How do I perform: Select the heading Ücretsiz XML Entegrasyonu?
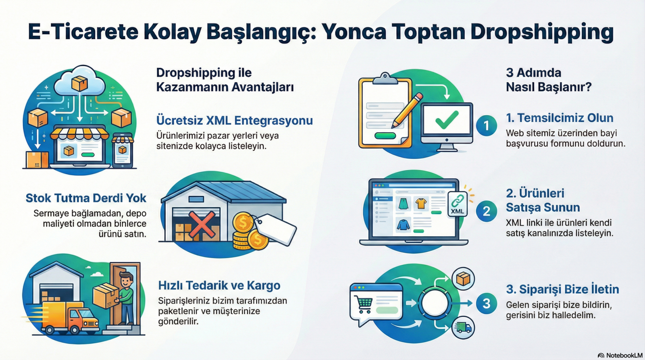[234, 121]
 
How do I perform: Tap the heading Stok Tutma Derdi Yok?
[86, 198]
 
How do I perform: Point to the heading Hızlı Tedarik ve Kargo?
[219, 285]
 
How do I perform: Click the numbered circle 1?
[486, 125]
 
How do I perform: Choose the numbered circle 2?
[486, 211]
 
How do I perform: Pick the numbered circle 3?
[486, 303]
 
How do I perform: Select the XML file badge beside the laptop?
[457, 204]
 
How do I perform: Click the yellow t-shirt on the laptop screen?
[421, 203]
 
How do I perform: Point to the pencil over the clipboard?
[407, 110]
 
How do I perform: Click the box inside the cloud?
[79, 83]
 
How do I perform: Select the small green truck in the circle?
[463, 327]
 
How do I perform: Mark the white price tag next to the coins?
[276, 229]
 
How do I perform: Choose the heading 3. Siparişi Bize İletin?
[562, 289]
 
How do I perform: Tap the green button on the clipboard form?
[385, 135]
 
